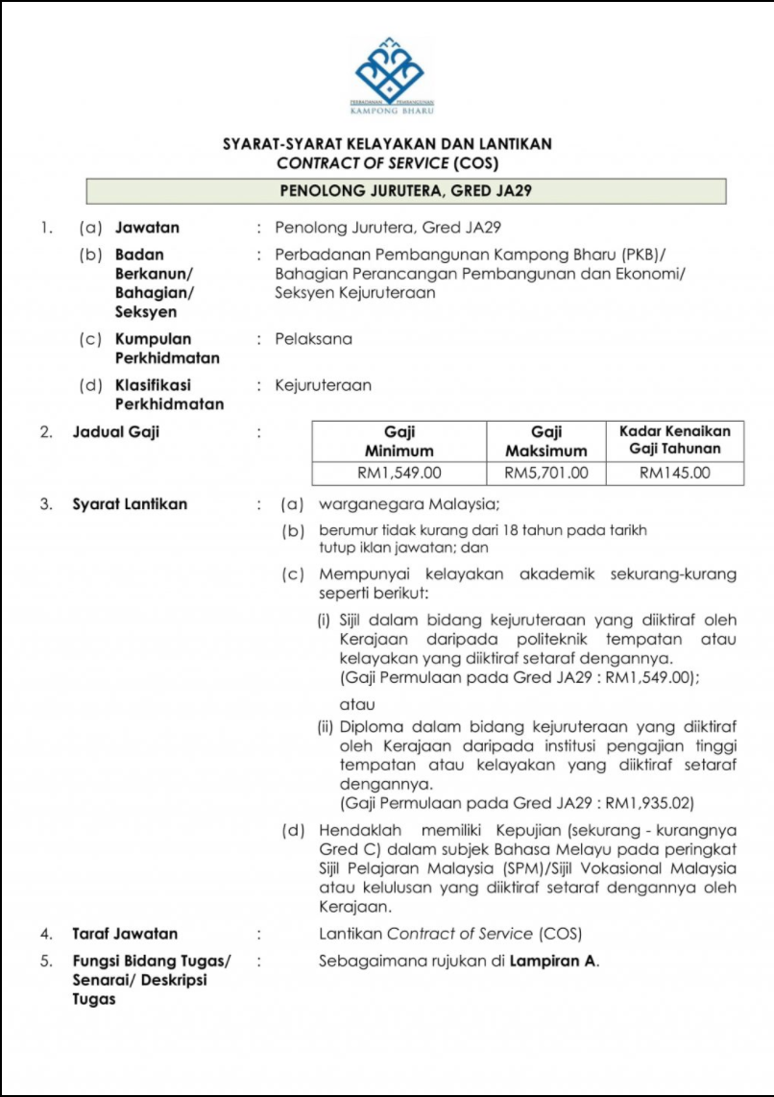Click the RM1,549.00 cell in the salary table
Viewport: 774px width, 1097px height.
(399, 473)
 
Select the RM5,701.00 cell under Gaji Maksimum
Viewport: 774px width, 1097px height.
(545, 473)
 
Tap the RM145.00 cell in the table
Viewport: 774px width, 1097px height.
(674, 473)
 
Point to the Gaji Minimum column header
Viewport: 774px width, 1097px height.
(399, 441)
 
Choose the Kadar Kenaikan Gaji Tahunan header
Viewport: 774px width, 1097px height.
(674, 440)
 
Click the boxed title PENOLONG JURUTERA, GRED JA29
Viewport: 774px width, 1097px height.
(405, 190)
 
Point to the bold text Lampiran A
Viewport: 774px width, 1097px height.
(553, 960)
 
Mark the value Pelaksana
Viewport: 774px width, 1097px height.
(314, 339)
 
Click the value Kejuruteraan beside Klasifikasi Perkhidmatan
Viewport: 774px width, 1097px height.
(323, 385)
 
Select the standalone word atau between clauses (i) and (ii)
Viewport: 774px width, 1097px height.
(357, 704)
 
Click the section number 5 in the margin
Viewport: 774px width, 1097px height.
(44, 960)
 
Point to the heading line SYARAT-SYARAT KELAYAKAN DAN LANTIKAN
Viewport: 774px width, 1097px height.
(387, 144)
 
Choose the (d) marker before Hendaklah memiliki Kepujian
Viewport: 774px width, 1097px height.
(292, 830)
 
